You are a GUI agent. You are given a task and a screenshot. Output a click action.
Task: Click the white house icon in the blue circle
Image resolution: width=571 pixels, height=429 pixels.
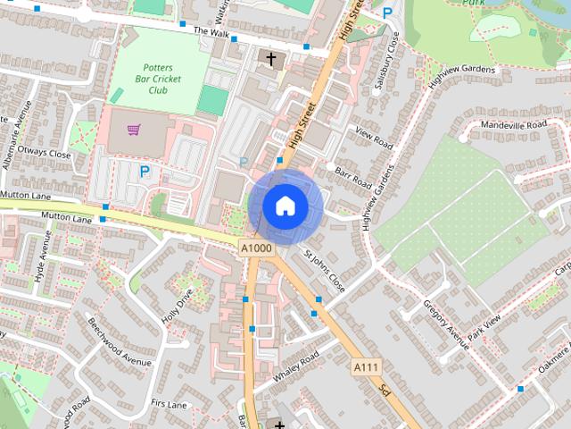tap(285, 206)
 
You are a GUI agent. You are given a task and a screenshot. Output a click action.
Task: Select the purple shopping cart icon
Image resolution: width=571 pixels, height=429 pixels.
tap(134, 130)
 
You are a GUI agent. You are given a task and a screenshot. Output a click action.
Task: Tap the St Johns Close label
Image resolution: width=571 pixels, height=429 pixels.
tap(323, 272)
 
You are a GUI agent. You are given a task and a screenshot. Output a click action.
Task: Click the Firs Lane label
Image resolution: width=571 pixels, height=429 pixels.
tap(169, 405)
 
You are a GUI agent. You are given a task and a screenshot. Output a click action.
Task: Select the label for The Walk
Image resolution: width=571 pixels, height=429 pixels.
tap(211, 32)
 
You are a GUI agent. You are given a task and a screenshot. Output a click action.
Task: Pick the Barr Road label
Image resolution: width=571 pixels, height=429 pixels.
tap(353, 174)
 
